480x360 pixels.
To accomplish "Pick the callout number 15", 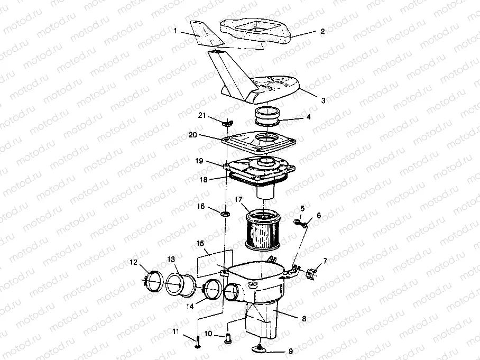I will (x=200, y=244).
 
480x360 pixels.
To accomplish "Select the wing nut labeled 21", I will (x=227, y=123).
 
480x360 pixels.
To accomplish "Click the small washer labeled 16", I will (x=225, y=214).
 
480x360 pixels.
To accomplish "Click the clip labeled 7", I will (x=313, y=273).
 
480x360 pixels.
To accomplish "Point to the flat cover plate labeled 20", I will (x=257, y=143).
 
